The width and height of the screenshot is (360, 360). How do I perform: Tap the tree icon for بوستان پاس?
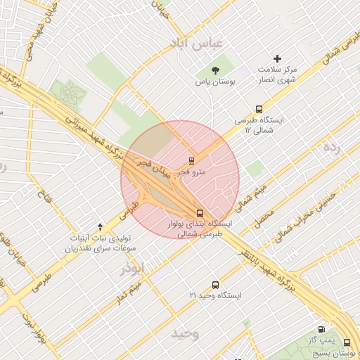[x=215, y=70]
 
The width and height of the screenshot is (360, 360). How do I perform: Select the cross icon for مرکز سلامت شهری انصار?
[x=278, y=59]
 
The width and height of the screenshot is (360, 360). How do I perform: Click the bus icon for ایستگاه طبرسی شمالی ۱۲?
[x=259, y=109]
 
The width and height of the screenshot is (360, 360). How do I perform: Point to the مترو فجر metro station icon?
[x=192, y=160]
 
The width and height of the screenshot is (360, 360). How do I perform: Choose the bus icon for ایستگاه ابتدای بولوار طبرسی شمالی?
[x=200, y=213]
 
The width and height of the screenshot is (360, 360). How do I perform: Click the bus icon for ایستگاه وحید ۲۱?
[x=215, y=285]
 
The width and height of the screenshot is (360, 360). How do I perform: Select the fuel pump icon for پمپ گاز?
[x=322, y=329]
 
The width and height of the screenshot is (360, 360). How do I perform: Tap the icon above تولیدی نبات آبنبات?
[x=100, y=226]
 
